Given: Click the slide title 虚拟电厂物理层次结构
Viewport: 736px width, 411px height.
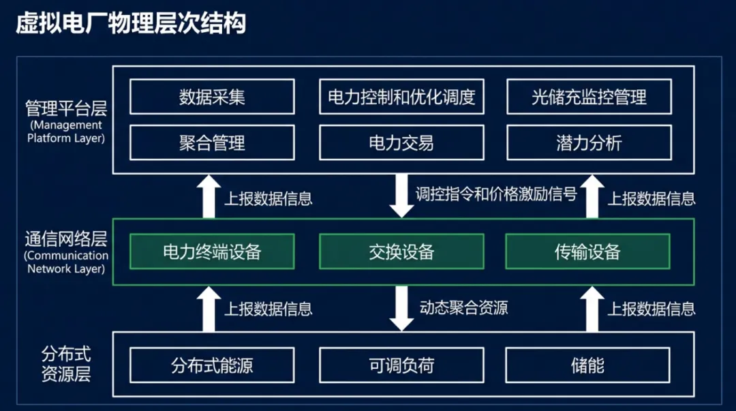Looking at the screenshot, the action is pyautogui.click(x=130, y=24).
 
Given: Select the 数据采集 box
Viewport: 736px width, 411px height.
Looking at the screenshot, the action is pyautogui.click(x=212, y=97).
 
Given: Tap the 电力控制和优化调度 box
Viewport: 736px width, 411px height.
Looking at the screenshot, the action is pyautogui.click(x=401, y=97).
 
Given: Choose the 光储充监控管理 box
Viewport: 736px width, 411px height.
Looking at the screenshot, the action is pyautogui.click(x=589, y=97).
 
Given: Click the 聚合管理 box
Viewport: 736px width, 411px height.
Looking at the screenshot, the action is pyautogui.click(x=212, y=142).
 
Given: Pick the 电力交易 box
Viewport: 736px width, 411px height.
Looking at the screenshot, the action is pyautogui.click(x=401, y=142).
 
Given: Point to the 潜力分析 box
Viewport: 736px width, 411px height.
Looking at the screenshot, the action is pyautogui.click(x=589, y=142).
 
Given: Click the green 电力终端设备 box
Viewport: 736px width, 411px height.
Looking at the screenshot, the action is pyautogui.click(x=212, y=252).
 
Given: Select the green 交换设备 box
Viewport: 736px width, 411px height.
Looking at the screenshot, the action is pyautogui.click(x=401, y=252).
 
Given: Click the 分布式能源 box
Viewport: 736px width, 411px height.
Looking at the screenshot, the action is pyautogui.click(x=212, y=365).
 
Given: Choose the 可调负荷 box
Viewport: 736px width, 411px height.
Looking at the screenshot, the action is pyautogui.click(x=401, y=365).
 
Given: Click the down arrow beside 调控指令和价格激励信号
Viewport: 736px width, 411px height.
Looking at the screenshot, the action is pyautogui.click(x=401, y=196).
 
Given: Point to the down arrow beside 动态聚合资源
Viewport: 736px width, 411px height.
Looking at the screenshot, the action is pyautogui.click(x=401, y=309).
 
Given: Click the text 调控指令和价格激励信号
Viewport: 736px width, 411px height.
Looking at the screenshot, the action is pyautogui.click(x=496, y=194).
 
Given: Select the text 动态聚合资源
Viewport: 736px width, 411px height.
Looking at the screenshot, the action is pyautogui.click(x=463, y=307).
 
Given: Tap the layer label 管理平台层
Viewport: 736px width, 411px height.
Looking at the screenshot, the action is pyautogui.click(x=66, y=108).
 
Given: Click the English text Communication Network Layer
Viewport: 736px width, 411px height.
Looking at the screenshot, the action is pyautogui.click(x=66, y=262).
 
